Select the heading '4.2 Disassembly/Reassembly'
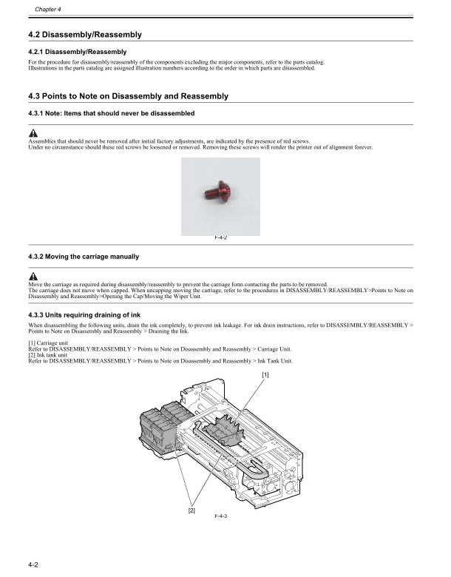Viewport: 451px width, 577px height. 84,35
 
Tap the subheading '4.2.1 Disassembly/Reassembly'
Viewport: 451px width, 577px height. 77,51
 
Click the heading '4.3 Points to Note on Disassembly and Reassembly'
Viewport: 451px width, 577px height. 127,96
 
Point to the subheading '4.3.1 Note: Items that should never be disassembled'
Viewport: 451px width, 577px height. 111,113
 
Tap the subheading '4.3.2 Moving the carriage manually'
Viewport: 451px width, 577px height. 83,257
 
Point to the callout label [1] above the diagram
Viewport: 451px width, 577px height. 265,375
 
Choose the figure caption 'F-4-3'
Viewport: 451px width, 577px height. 220,516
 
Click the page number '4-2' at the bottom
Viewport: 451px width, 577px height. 33,564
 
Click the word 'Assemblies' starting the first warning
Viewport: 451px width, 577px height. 42,141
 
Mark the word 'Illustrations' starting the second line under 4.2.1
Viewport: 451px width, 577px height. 44,68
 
